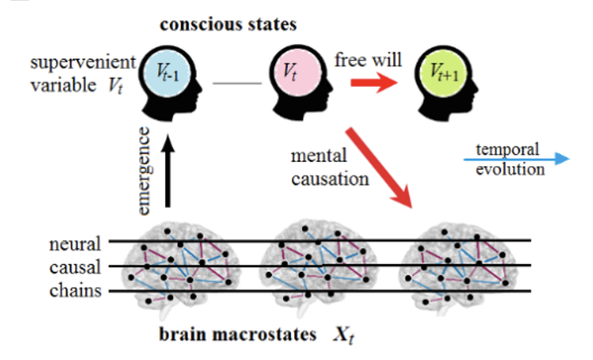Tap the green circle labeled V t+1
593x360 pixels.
pyautogui.click(x=445, y=72)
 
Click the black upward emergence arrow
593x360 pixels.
pyautogui.click(x=168, y=172)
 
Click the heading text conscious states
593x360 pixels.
pyautogui.click(x=229, y=25)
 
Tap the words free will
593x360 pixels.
pyautogui.click(x=368, y=59)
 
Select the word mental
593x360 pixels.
pyautogui.click(x=318, y=156)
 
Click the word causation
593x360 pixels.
pyautogui.click(x=330, y=178)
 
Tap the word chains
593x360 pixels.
pyautogui.click(x=75, y=290)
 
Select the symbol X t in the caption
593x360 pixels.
pyautogui.click(x=345, y=336)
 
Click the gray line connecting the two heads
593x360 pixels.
pyautogui.click(x=237, y=83)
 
